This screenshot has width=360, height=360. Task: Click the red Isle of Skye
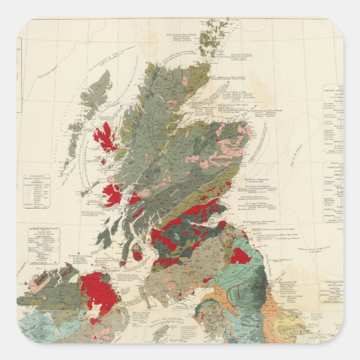click(x=105, y=137)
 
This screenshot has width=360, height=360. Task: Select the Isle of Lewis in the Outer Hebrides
click(x=96, y=93)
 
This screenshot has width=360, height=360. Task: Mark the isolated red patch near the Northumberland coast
click(x=240, y=256)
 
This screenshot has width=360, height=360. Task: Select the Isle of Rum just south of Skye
click(x=103, y=161)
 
